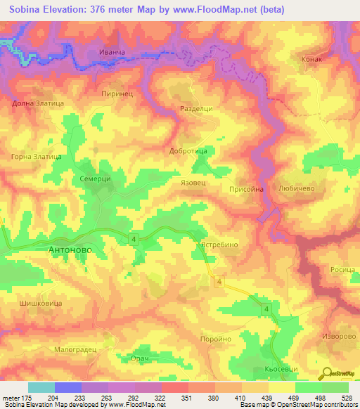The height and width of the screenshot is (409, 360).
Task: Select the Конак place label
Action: tap(311, 60)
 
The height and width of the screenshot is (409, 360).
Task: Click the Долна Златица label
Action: tap(38, 103)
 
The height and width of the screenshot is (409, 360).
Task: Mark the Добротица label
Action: tap(188, 150)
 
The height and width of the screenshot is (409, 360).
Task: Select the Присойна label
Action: tap(246, 189)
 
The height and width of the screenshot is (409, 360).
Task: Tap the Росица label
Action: tap(342, 270)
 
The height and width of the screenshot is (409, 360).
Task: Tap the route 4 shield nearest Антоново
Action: tap(132, 240)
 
